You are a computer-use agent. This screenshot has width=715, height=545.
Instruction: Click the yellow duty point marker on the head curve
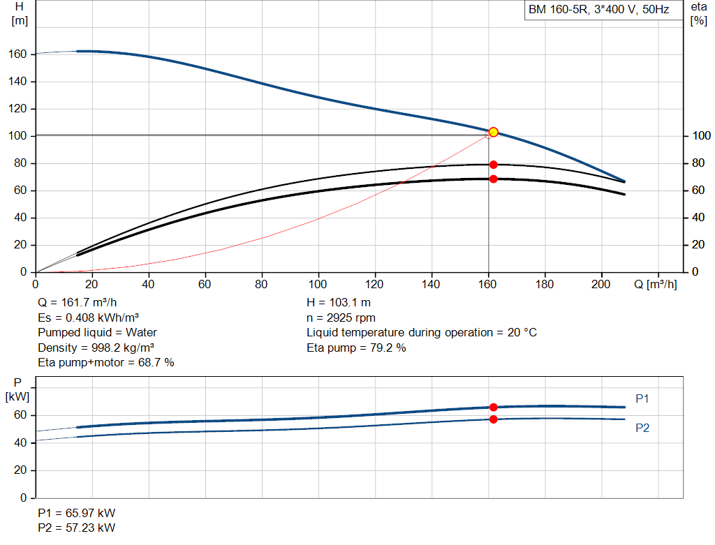(493, 132)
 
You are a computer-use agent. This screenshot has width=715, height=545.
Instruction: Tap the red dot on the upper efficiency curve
(493, 165)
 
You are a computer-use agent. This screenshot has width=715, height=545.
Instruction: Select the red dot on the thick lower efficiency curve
(493, 179)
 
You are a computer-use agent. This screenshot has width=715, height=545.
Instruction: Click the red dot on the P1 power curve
(493, 407)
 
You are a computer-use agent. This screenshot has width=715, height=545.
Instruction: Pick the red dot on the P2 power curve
(493, 419)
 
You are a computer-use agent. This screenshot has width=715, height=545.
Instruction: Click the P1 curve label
(642, 398)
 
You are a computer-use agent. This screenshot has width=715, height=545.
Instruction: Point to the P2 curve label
(642, 428)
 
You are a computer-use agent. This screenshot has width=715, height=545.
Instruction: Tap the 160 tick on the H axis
(17, 54)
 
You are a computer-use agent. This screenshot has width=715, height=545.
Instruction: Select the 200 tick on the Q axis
(600, 284)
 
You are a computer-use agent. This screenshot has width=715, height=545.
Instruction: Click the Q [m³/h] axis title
(655, 284)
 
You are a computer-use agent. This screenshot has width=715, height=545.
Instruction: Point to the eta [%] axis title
(698, 14)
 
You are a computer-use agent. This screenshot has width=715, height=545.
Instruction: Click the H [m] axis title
(20, 14)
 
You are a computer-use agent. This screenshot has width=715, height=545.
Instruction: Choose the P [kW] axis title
(17, 389)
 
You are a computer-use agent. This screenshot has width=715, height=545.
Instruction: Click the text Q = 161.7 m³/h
(77, 303)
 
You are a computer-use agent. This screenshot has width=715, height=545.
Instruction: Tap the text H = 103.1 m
(339, 303)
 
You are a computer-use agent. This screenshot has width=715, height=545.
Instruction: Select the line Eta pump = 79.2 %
(356, 348)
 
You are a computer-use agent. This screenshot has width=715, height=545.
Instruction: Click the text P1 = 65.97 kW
(77, 513)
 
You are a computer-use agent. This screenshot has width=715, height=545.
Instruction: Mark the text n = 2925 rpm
(341, 318)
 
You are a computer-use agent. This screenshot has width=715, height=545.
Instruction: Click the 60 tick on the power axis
(20, 415)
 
